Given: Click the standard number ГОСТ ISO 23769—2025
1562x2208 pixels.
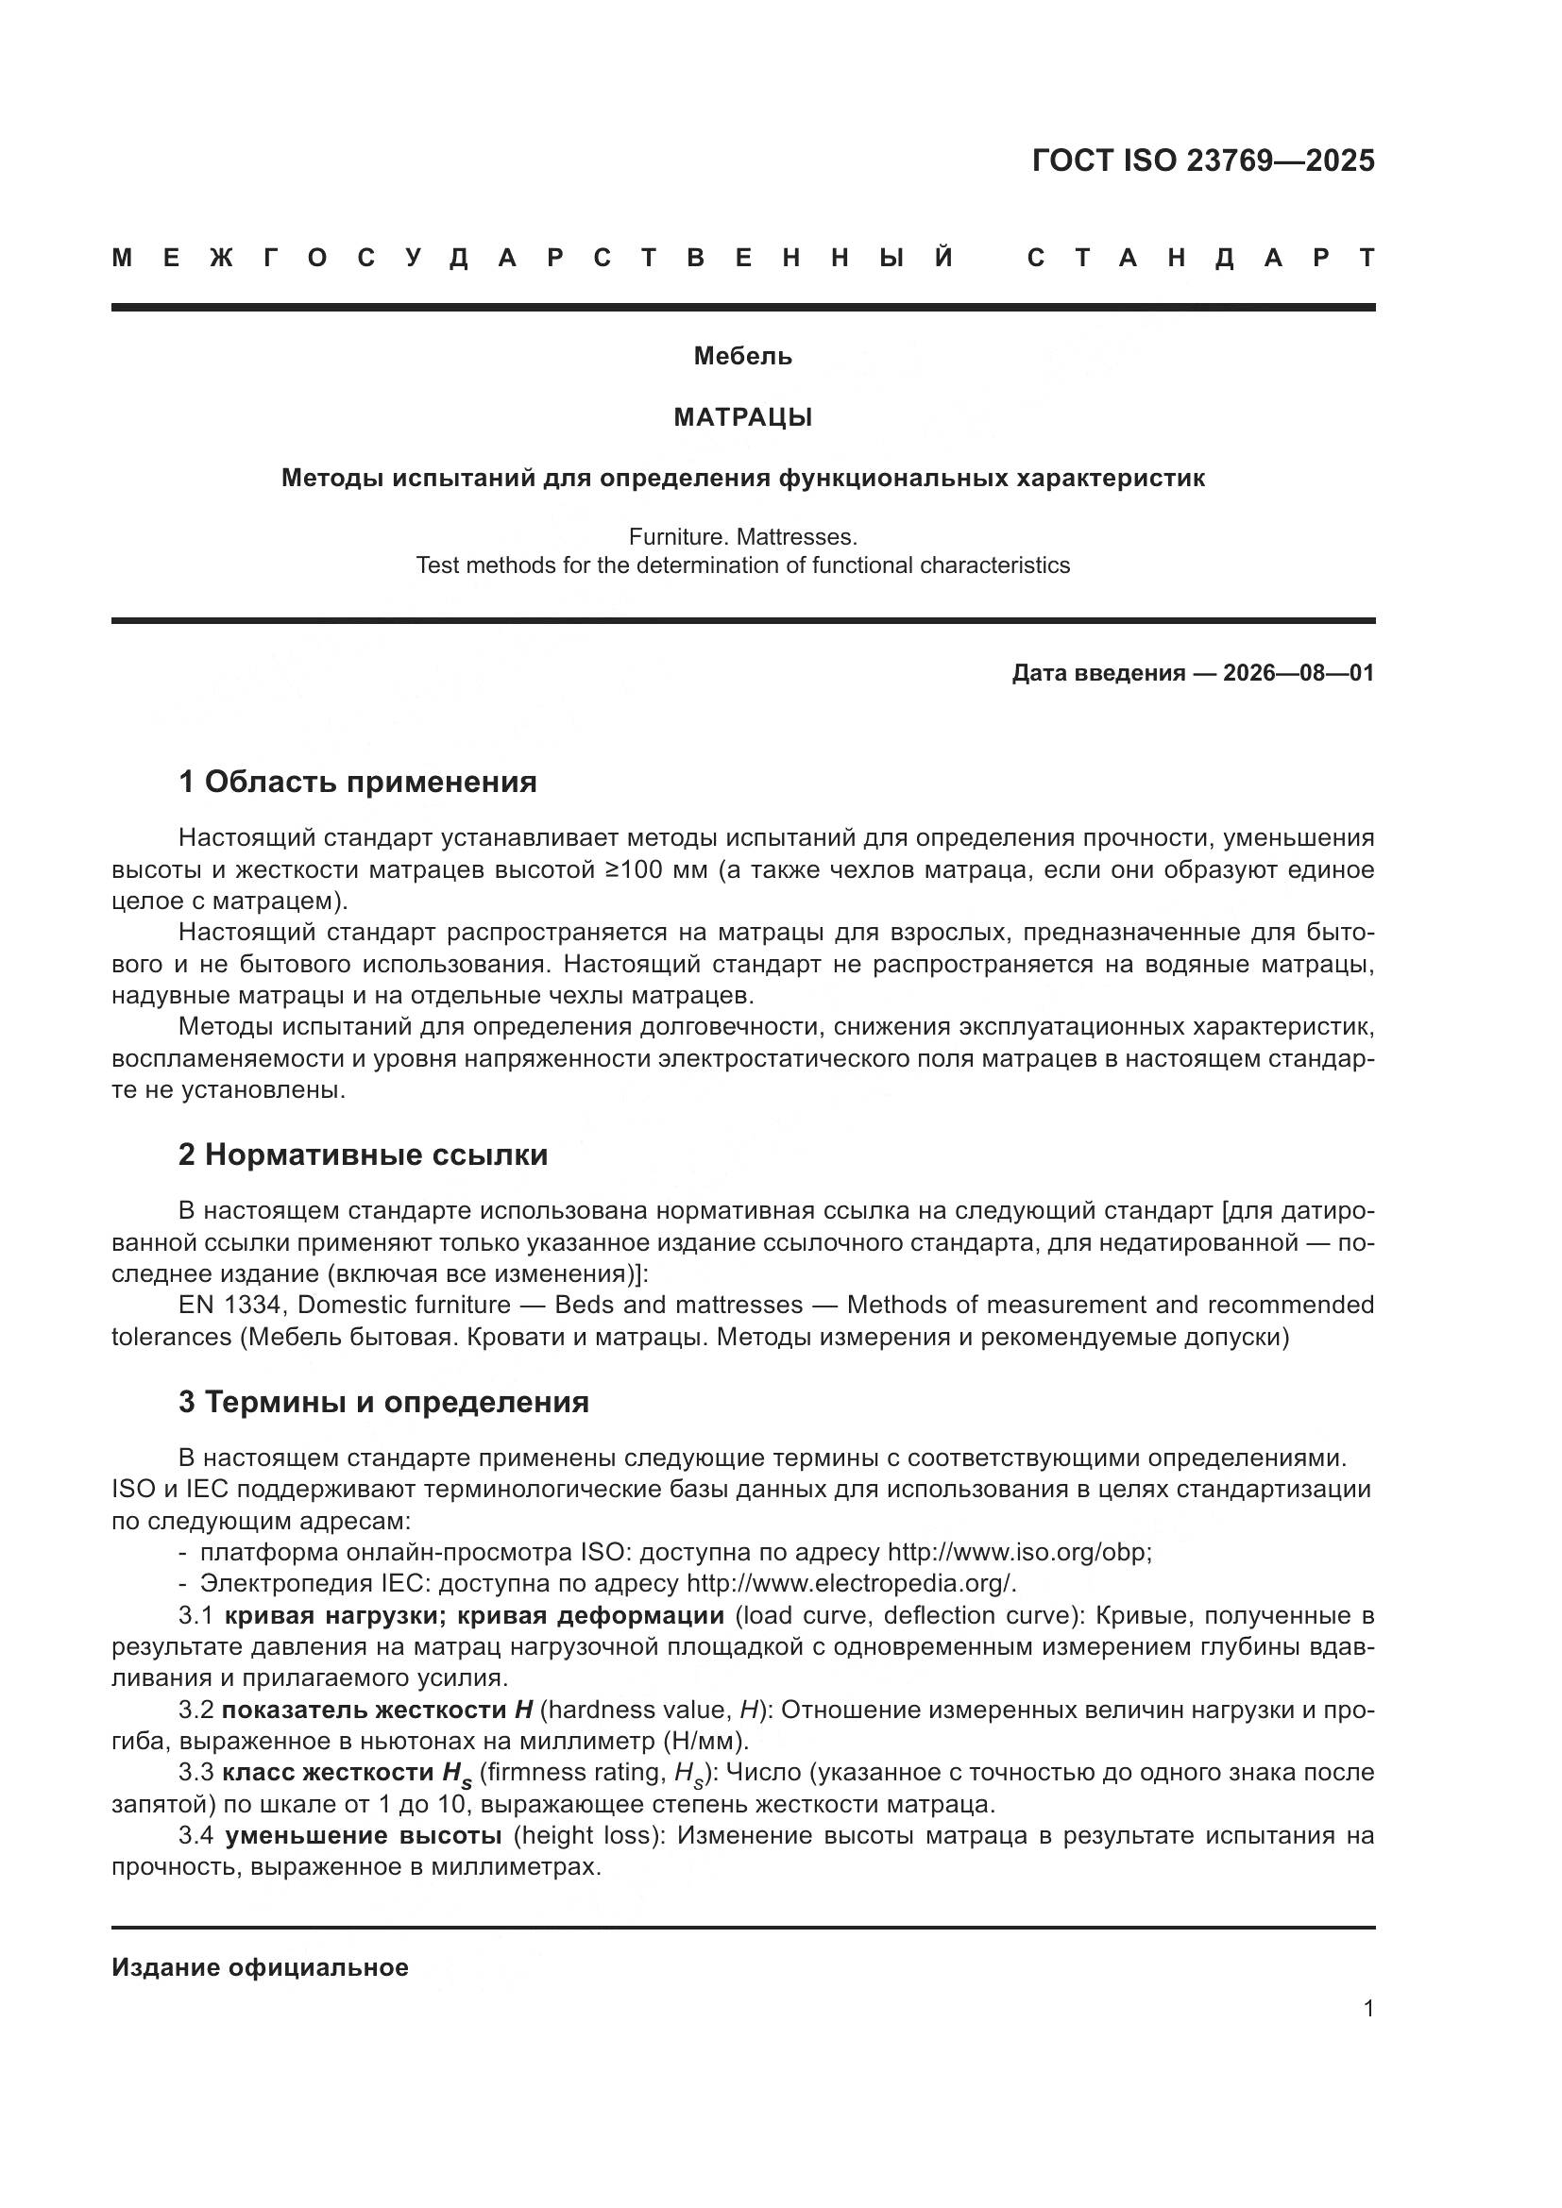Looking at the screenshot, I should [1202, 160].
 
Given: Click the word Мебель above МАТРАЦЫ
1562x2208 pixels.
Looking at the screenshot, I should [742, 357].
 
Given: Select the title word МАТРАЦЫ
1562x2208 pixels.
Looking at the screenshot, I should [742, 417].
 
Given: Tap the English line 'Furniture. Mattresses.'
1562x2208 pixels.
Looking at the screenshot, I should [742, 536].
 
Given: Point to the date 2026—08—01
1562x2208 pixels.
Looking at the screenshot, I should [1299, 673].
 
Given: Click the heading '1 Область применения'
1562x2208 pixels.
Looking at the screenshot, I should [357, 782].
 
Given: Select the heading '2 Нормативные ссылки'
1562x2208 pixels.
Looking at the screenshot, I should [363, 1154].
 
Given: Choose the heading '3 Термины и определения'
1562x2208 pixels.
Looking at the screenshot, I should [382, 1402].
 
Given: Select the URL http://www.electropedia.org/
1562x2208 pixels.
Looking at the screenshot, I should [850, 1584].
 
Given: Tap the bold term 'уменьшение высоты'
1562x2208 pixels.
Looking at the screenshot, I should [363, 1836].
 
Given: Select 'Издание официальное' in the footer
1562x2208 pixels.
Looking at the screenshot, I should [260, 1967].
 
